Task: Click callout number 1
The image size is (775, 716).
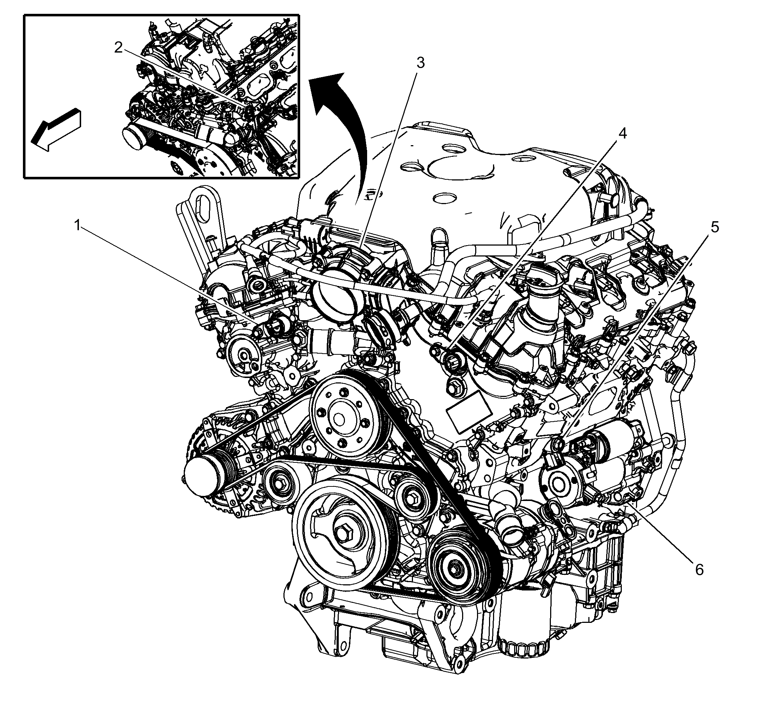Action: click(x=78, y=225)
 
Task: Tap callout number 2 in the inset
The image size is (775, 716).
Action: click(x=119, y=48)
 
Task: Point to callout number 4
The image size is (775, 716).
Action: click(x=622, y=133)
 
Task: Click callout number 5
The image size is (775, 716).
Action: click(x=714, y=227)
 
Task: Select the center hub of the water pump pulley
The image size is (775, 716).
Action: click(x=339, y=419)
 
